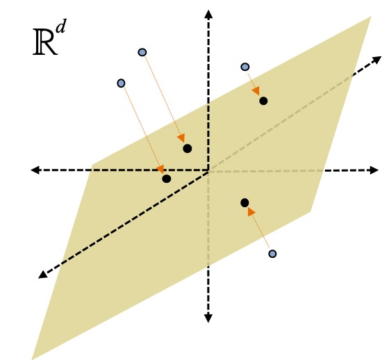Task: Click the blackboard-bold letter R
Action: click(x=45, y=42)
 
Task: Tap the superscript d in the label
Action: click(x=61, y=26)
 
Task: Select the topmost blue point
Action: click(x=142, y=52)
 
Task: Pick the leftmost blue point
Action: click(x=121, y=83)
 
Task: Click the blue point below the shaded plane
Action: click(x=272, y=254)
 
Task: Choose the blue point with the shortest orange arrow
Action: click(x=245, y=67)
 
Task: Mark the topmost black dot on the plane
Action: click(x=263, y=101)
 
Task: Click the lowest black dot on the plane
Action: click(x=245, y=203)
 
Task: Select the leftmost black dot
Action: click(x=167, y=179)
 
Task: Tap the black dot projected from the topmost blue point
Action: click(x=188, y=149)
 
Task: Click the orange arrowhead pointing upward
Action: click(x=251, y=211)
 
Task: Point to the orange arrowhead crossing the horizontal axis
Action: click(x=160, y=169)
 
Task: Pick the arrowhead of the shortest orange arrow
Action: click(x=256, y=91)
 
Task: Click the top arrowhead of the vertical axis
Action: click(x=208, y=14)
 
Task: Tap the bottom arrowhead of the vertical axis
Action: click(x=208, y=318)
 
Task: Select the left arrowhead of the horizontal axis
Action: click(x=35, y=170)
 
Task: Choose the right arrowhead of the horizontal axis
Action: click(x=374, y=170)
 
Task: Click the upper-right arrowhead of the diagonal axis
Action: click(x=376, y=60)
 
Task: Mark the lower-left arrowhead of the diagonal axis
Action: click(x=42, y=275)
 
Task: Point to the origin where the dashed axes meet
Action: click(x=208, y=170)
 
